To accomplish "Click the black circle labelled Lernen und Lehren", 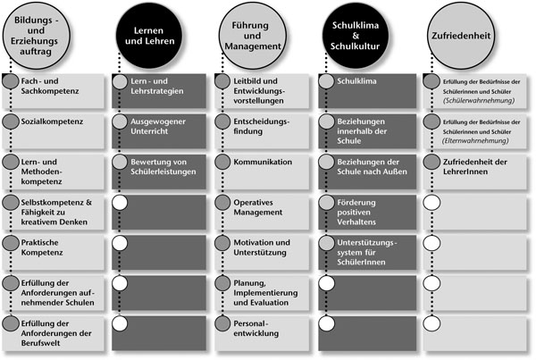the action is (x=149, y=36).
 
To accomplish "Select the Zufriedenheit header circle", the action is (x=461, y=36).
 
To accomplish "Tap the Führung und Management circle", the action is (x=252, y=36).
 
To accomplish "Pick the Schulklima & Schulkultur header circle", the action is (x=356, y=36).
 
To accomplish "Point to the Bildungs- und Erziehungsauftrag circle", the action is (x=36, y=36).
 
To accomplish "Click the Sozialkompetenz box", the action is (x=54, y=131).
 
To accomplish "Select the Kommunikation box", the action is (x=262, y=172).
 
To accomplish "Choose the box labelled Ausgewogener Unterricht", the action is (x=159, y=131).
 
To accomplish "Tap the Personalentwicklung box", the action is (x=262, y=333).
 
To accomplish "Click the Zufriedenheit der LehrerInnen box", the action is (x=475, y=172).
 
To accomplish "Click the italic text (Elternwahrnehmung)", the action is (x=475, y=141).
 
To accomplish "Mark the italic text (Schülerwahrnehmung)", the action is (x=479, y=101).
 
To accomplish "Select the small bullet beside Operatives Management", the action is (x=222, y=203).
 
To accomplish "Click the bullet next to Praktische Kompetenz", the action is (x=11, y=243).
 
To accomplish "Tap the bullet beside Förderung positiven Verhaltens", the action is (x=326, y=203).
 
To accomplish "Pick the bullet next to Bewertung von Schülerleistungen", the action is (x=120, y=162).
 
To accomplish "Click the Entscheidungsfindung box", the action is (x=262, y=131).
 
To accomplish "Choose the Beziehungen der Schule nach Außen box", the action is (x=367, y=172).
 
